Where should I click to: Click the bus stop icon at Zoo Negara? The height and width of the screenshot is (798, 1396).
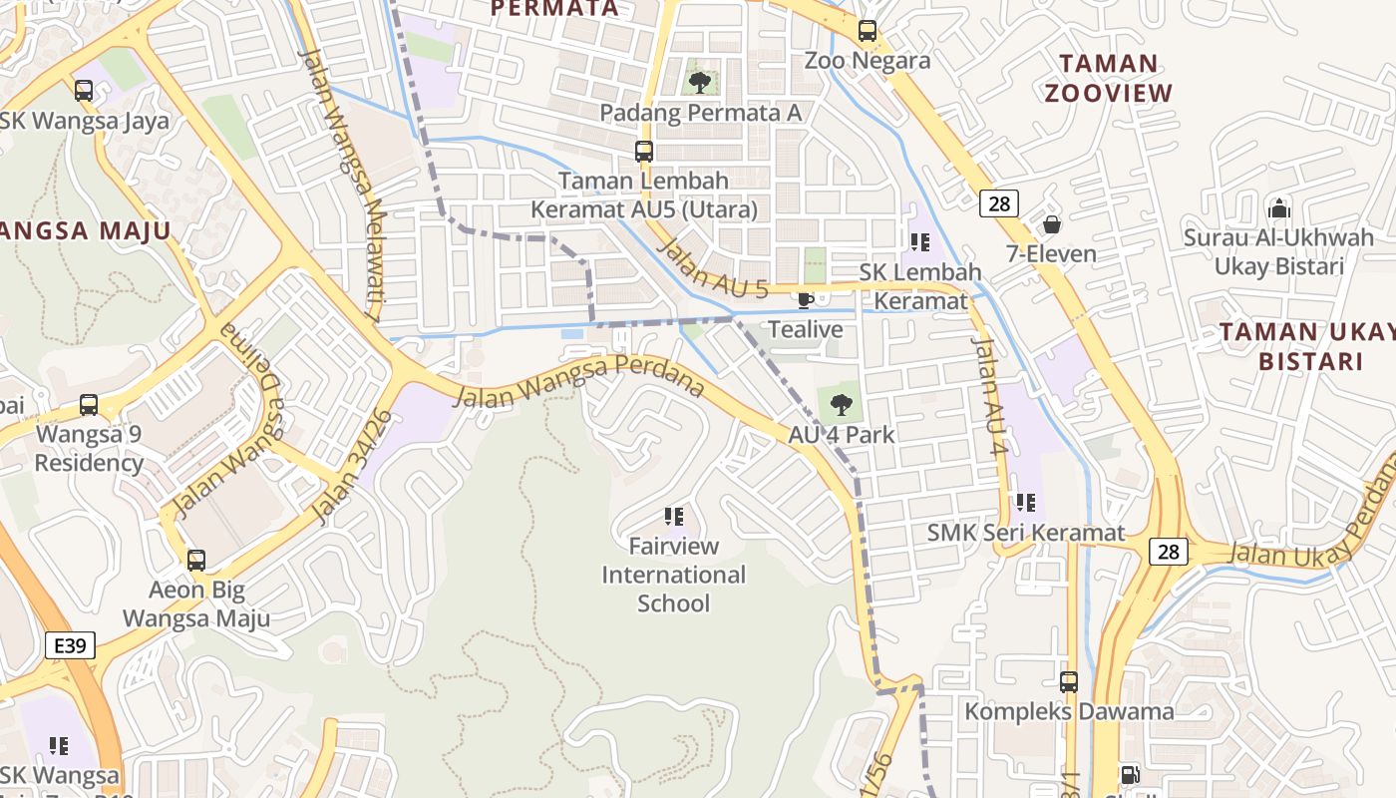(868, 31)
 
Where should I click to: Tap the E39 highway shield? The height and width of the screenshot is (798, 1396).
(70, 645)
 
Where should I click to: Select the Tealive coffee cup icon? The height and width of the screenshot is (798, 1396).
(806, 299)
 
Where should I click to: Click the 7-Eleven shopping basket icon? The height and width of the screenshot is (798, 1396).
(1051, 224)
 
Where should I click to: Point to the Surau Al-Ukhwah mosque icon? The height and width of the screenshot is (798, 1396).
(1278, 208)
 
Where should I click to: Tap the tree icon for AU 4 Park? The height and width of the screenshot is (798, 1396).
(842, 405)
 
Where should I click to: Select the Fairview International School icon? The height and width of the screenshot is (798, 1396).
(674, 516)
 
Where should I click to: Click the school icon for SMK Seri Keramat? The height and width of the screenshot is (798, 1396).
(1025, 503)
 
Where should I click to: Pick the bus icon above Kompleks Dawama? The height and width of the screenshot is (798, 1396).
(1069, 682)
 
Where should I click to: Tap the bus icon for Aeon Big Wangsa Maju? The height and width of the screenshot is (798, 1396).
(196, 560)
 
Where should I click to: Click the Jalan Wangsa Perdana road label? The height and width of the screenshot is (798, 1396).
(578, 381)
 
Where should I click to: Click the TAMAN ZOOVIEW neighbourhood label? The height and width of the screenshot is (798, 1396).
(1108, 78)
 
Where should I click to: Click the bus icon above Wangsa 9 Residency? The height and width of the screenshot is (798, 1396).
(89, 405)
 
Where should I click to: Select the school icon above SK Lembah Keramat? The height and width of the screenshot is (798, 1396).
(919, 241)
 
